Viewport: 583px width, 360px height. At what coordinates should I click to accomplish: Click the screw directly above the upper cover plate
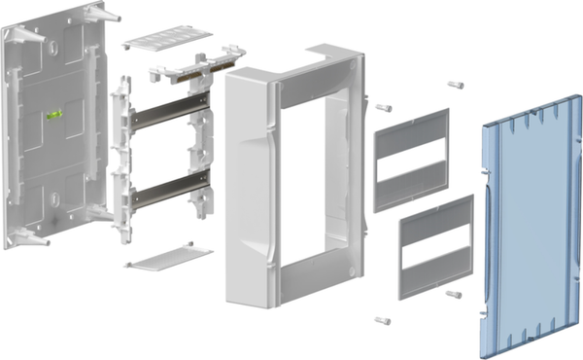click(x=454, y=85)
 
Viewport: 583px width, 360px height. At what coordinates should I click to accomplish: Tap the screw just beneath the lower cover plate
click(x=452, y=294)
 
